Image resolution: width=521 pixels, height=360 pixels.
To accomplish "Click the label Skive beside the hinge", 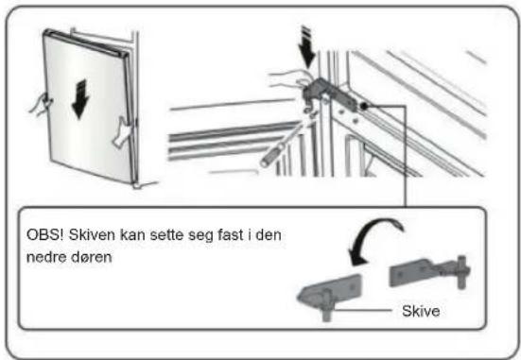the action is click(x=421, y=311).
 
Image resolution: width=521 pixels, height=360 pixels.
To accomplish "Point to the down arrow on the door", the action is click(x=80, y=99).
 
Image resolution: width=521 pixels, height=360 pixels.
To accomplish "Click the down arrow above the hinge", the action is click(x=306, y=47).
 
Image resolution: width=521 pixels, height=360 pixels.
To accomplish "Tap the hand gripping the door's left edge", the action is click(x=41, y=105).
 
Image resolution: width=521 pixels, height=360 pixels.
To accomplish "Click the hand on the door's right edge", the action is click(x=123, y=133).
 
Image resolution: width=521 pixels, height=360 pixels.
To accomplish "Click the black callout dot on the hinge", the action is click(x=363, y=106).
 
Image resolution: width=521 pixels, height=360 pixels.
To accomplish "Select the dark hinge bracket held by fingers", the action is click(x=327, y=93).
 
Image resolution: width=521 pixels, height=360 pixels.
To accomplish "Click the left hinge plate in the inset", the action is click(x=330, y=292).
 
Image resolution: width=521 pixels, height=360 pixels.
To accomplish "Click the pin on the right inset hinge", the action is click(x=461, y=272).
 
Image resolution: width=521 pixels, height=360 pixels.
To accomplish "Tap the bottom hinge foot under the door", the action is click(x=144, y=184).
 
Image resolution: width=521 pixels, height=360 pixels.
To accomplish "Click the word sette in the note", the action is click(x=166, y=235).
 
